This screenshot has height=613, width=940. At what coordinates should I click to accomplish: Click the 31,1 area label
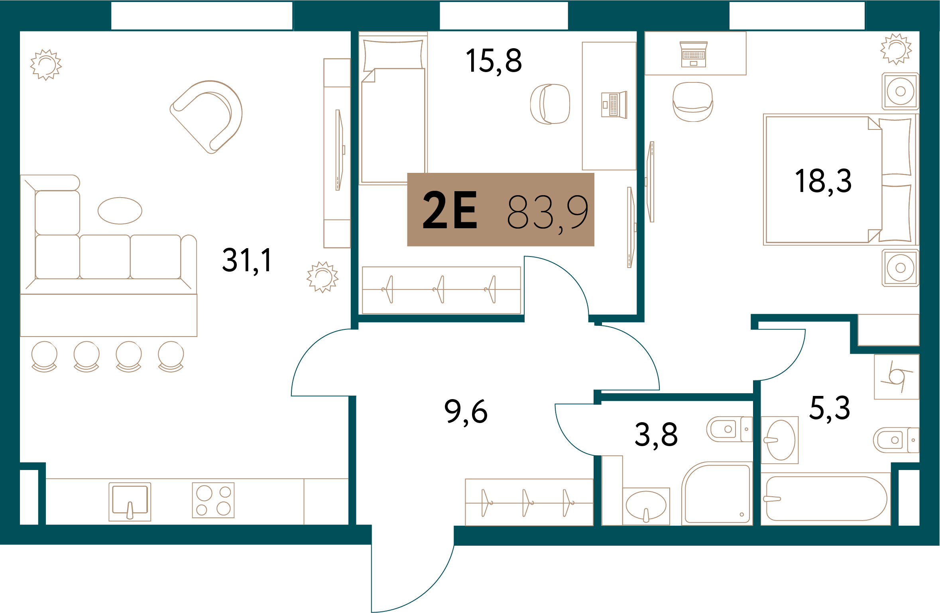point(247,260)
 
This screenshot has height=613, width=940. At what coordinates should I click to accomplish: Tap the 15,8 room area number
point(494,61)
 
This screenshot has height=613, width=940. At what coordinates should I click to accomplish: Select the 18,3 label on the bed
point(823,181)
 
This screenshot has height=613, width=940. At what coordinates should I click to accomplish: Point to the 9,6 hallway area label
point(466,412)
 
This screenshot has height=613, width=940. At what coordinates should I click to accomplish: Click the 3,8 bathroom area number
point(656,435)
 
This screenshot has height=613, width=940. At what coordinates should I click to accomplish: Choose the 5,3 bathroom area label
point(830,408)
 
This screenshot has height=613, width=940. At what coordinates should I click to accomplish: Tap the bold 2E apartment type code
point(449,210)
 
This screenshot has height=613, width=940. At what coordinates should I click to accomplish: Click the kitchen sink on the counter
point(130,502)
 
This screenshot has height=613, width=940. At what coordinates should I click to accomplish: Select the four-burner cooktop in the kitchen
point(213,500)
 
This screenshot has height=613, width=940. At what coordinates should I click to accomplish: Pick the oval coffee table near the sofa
point(120,211)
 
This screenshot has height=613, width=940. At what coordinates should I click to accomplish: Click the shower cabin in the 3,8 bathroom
point(717,494)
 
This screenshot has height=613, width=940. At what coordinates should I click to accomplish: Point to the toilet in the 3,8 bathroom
point(729,429)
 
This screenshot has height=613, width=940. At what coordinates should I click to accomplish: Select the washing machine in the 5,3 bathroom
point(897,377)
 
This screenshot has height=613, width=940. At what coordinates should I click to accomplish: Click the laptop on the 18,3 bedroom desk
point(694,54)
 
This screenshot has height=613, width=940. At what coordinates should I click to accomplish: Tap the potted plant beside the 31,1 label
point(323,277)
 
